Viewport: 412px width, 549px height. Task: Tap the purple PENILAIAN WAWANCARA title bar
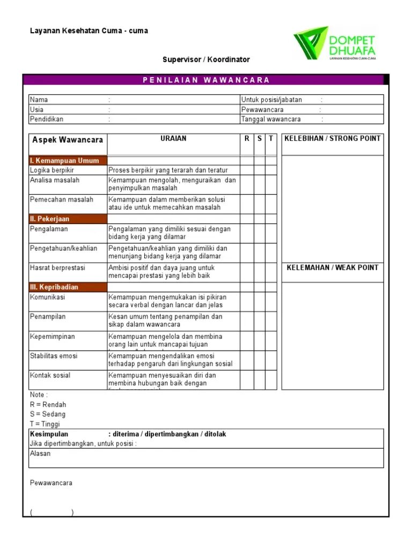click(x=206, y=80)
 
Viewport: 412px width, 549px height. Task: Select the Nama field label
click(x=39, y=100)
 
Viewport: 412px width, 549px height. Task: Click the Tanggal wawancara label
click(x=271, y=119)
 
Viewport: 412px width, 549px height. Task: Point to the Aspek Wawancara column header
click(x=68, y=140)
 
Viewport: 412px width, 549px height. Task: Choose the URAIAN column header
click(x=173, y=138)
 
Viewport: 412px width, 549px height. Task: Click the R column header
click(x=247, y=138)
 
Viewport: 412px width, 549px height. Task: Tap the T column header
click(x=271, y=138)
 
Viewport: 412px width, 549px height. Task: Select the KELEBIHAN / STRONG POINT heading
click(x=333, y=138)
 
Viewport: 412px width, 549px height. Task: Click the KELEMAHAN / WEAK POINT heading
click(x=333, y=268)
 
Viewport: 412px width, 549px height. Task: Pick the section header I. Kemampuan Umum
click(x=65, y=160)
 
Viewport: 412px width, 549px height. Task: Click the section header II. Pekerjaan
click(x=50, y=219)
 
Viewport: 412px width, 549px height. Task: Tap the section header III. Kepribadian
click(x=54, y=287)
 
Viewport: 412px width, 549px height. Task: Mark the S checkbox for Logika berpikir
click(x=260, y=170)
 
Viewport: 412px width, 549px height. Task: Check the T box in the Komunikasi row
click(x=271, y=302)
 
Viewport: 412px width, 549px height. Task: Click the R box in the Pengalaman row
click(x=247, y=233)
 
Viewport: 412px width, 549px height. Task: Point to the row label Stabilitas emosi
click(x=54, y=355)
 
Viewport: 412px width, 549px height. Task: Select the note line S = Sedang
click(x=48, y=414)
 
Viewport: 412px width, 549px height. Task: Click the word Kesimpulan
click(x=49, y=434)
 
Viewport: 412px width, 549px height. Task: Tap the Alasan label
click(x=40, y=454)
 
